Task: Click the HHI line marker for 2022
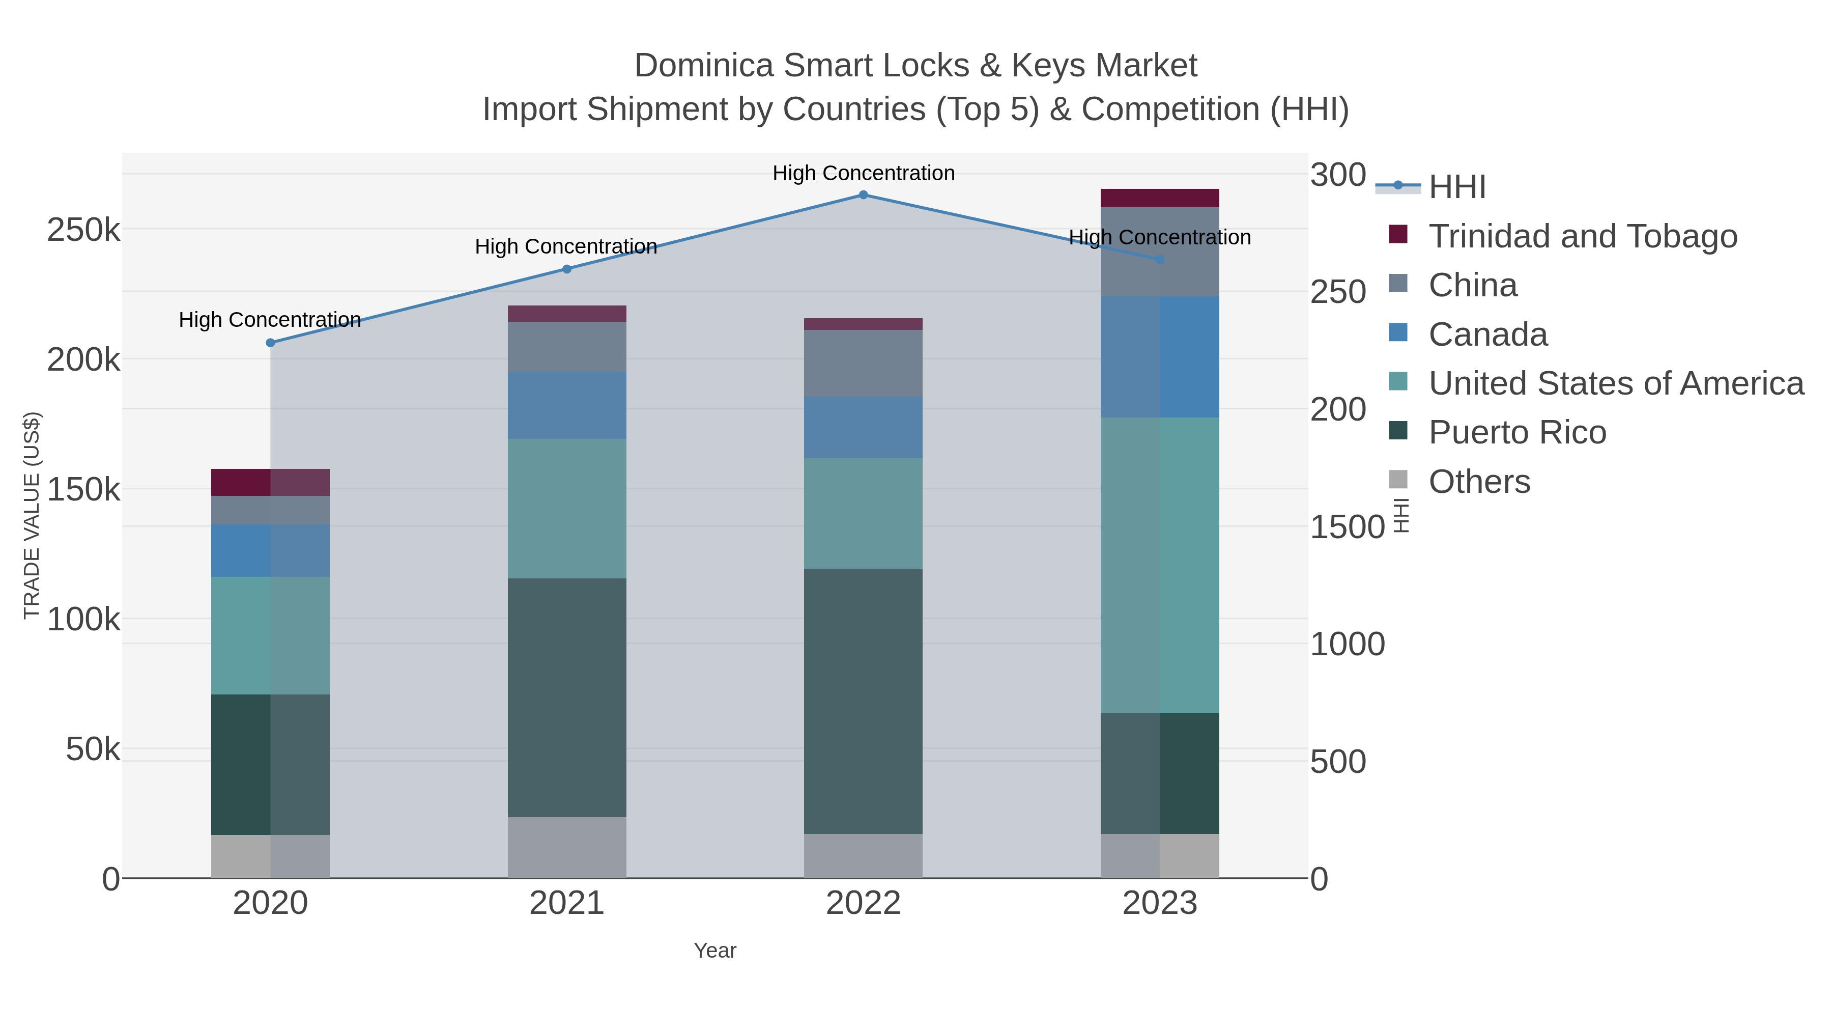(863, 195)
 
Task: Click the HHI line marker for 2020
(270, 343)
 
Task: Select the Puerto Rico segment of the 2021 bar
(567, 698)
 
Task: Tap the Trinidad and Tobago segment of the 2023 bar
(1159, 198)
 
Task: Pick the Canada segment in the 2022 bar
(863, 428)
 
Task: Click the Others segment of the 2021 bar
(567, 847)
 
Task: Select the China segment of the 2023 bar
(1159, 252)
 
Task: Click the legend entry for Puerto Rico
(1517, 433)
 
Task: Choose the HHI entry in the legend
(1456, 187)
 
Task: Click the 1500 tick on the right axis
(1346, 527)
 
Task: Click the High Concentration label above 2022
(863, 173)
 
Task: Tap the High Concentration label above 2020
(270, 320)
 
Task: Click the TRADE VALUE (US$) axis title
(32, 515)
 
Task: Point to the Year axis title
(715, 951)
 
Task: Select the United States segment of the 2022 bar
(863, 514)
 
